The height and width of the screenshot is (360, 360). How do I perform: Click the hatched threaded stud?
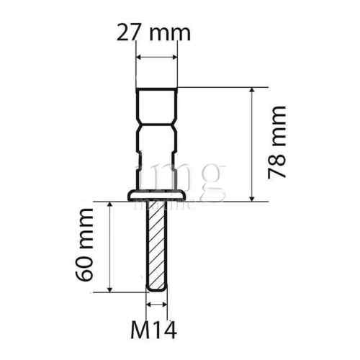coord(157,245)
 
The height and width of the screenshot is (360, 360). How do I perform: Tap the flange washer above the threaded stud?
coord(157,195)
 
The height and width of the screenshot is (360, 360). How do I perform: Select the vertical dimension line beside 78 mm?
coord(252,144)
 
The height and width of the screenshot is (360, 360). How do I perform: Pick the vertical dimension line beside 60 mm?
coord(109,246)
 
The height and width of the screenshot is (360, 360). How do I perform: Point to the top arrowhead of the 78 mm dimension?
coord(252,92)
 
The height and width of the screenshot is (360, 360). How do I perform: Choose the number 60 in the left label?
coord(85,270)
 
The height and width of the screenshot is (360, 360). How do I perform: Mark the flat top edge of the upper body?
coord(157,88)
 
